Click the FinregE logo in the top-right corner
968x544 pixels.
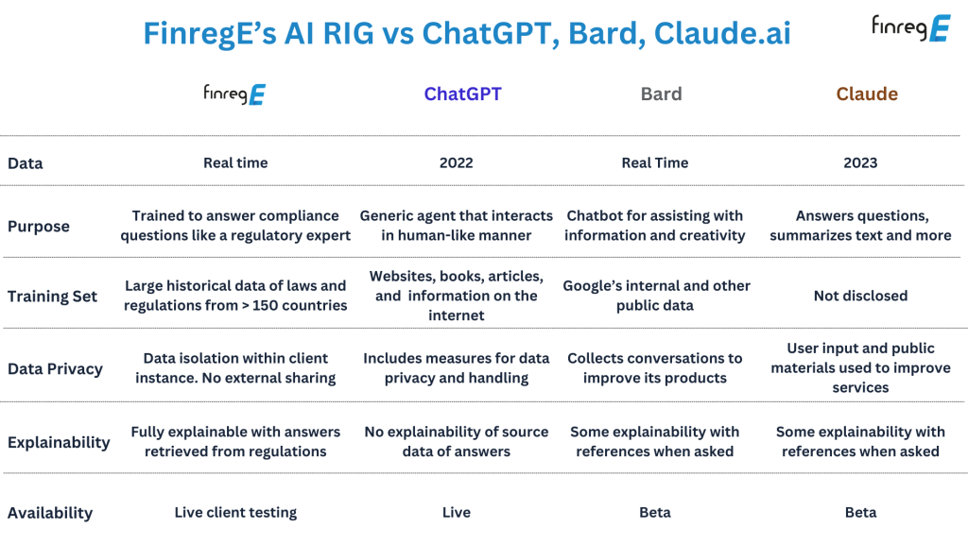point(910,28)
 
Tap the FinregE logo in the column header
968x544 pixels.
point(234,94)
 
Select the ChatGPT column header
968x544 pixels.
point(462,93)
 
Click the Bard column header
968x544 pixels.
point(661,93)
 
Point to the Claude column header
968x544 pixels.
point(867,93)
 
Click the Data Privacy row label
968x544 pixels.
point(55,369)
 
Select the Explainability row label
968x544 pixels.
point(59,442)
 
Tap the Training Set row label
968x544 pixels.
point(53,297)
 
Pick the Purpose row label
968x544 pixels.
point(38,227)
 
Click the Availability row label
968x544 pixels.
point(50,513)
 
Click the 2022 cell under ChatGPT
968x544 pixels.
point(457,162)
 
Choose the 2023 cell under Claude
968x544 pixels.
point(860,162)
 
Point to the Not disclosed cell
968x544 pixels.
point(860,296)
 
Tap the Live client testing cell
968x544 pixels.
point(235,513)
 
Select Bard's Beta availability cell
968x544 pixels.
point(655,513)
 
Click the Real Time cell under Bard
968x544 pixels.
point(655,162)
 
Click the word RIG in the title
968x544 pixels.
point(348,33)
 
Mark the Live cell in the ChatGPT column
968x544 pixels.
point(457,513)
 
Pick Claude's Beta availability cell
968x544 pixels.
point(860,513)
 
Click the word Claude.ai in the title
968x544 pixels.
point(722,33)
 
